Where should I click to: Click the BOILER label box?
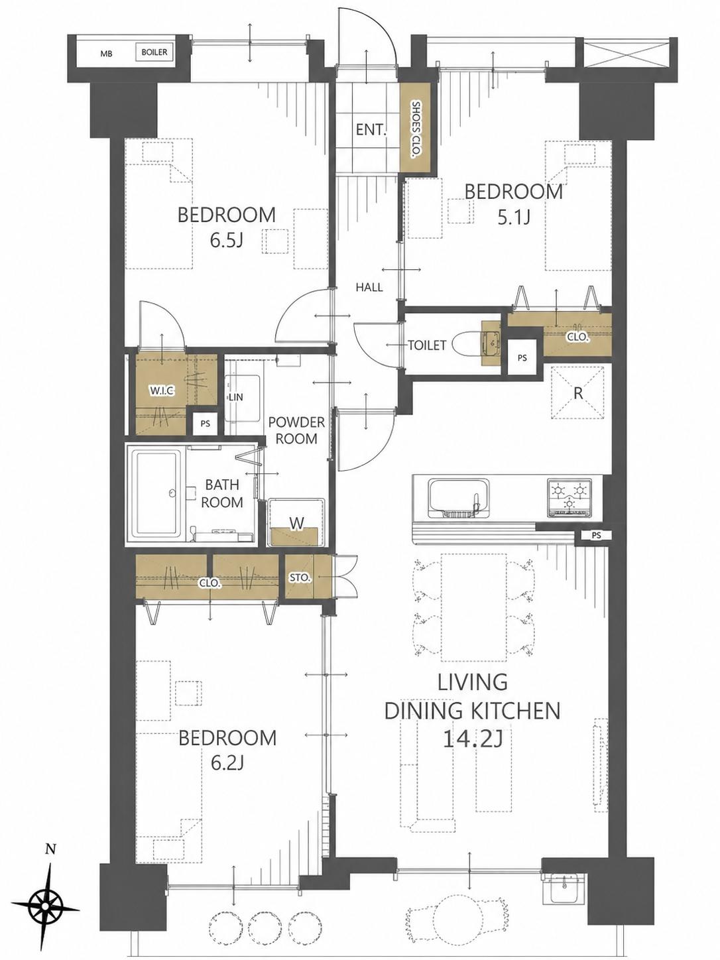154,52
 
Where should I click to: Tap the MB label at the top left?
106,54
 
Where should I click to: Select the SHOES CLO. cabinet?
416,129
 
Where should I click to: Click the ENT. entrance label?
371,130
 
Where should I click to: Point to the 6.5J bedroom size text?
227,240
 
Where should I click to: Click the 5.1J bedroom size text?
514,217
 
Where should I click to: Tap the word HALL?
369,287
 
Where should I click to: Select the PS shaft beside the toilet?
522,357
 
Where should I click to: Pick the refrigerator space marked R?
578,393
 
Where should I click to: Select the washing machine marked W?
296,522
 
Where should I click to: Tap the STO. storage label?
300,577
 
